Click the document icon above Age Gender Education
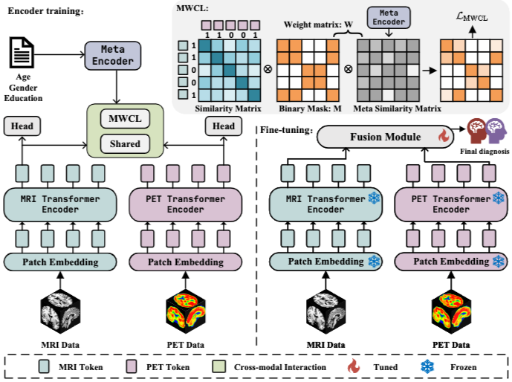click(22, 53)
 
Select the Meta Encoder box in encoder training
click(113, 56)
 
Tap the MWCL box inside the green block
click(125, 118)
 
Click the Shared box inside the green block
click(125, 144)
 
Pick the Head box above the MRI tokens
click(22, 126)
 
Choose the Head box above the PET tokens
click(224, 126)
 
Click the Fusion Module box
click(386, 137)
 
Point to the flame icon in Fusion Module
click(443, 136)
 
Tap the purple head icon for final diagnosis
click(496, 131)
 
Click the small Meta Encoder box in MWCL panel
click(389, 17)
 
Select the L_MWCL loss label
click(472, 16)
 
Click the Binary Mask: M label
click(310, 109)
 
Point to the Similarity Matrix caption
click(228, 109)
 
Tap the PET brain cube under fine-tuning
click(451, 312)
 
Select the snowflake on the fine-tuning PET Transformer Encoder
click(499, 198)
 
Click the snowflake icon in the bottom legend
click(427, 366)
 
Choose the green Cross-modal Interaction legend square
click(218, 366)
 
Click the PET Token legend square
click(132, 366)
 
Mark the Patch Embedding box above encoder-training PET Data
click(186, 262)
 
